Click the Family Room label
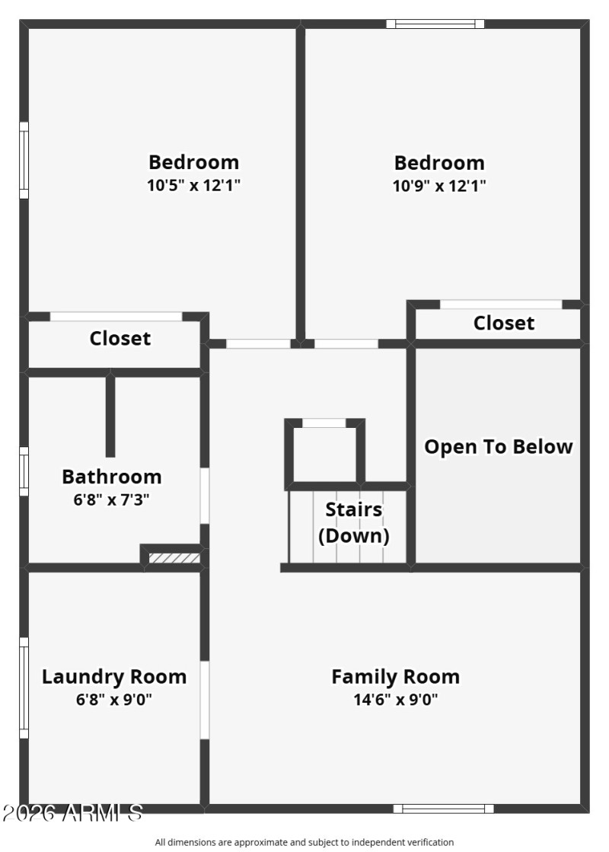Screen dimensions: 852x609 (x=395, y=676)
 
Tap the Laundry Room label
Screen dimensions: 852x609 (x=113, y=676)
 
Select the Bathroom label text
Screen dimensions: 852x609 (x=112, y=477)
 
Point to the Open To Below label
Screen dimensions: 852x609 (x=498, y=446)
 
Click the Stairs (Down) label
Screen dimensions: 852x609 (x=353, y=522)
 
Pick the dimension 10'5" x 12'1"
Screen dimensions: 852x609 (x=193, y=184)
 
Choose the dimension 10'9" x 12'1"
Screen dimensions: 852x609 (x=439, y=184)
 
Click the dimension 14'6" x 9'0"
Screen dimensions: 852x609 (x=395, y=699)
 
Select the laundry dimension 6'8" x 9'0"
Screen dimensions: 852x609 (x=113, y=699)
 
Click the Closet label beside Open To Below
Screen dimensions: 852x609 (x=504, y=323)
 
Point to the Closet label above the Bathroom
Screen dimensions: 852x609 (x=120, y=338)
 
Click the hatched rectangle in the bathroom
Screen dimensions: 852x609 (x=174, y=558)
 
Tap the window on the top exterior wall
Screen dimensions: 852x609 (x=435, y=24)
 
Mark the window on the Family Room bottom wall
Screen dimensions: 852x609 (x=443, y=809)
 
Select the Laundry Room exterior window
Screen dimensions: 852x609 (x=24, y=688)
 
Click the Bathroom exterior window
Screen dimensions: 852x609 (x=24, y=471)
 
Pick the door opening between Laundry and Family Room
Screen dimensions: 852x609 (x=205, y=700)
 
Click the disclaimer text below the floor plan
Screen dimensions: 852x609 (x=304, y=842)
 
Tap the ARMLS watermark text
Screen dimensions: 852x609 (x=72, y=813)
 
